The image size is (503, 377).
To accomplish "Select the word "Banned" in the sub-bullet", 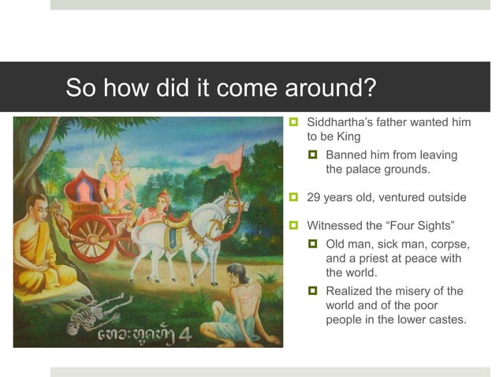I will click(346, 155).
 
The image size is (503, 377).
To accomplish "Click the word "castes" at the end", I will click(445, 319).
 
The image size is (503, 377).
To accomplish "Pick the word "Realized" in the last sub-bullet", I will click(351, 291).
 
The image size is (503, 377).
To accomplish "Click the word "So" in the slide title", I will click(80, 88).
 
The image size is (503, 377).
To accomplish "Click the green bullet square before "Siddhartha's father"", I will click(294, 123).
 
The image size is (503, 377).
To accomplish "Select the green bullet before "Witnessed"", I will click(294, 225).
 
